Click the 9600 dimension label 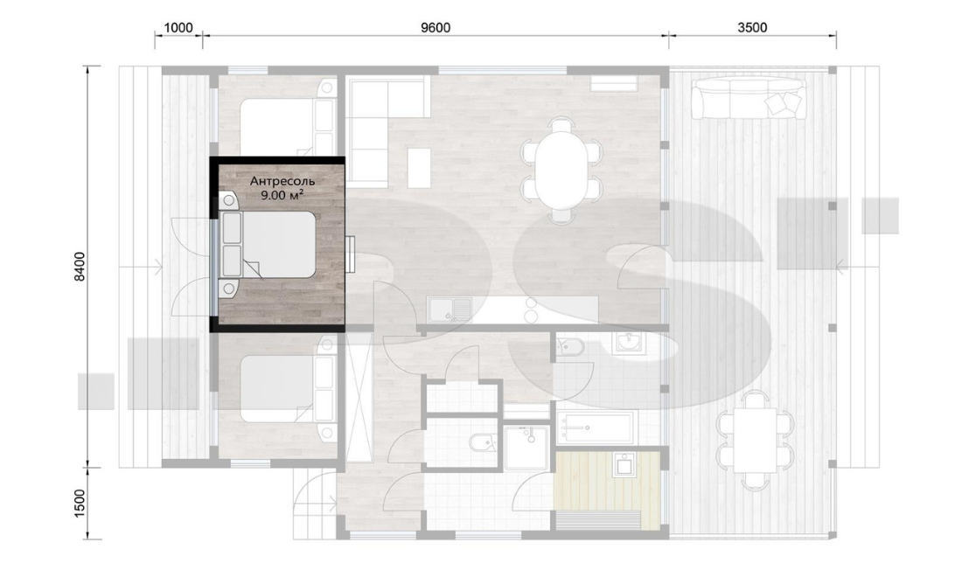436,28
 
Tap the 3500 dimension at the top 752,28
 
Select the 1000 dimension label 178,28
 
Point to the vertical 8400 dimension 80,267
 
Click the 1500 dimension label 80,503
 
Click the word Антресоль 282,181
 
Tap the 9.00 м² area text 282,196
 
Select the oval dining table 561,170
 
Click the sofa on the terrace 748,98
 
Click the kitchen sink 450,309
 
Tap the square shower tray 527,448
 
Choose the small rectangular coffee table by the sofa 419,167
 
